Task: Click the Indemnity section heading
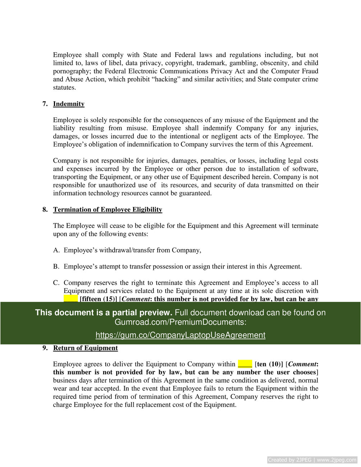[69, 104]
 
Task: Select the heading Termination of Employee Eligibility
[107, 209]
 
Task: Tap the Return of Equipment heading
[85, 348]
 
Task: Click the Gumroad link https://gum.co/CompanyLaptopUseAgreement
[180, 335]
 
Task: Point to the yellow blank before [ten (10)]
[245, 364]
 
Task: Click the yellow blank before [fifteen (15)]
[71, 299]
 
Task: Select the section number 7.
[45, 104]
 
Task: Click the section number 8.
[45, 209]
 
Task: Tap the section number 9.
[45, 348]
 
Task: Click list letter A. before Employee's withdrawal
[56, 250]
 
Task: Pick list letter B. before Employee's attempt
[56, 266]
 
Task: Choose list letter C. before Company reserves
[56, 282]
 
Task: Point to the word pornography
[71, 71]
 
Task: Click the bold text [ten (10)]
[269, 364]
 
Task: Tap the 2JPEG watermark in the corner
[312, 460]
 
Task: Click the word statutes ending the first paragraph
[64, 87]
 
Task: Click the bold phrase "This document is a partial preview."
[103, 313]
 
